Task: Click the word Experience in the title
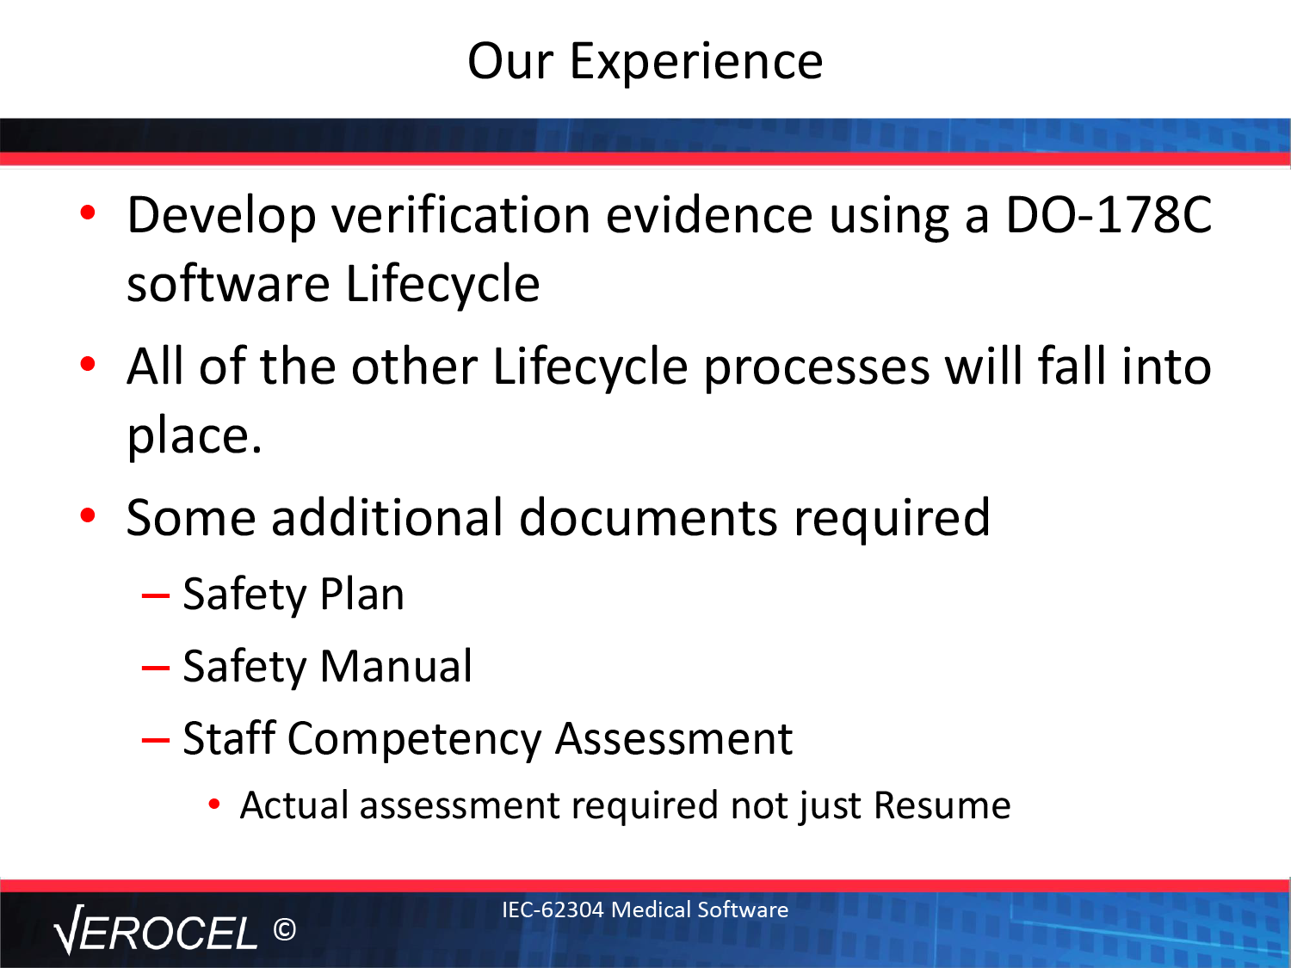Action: click(695, 62)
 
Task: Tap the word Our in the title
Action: click(510, 61)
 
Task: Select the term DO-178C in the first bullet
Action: click(1109, 215)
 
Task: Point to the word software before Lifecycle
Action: click(228, 285)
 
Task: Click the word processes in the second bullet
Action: click(817, 369)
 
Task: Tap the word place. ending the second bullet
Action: click(195, 437)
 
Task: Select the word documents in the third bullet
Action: click(648, 517)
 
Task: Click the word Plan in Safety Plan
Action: click(362, 594)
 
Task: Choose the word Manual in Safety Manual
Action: click(396, 666)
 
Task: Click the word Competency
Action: click(414, 739)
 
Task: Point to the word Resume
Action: click(942, 805)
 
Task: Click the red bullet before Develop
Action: click(88, 213)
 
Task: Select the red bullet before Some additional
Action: click(88, 515)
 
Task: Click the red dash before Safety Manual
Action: click(155, 668)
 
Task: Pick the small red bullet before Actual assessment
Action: click(214, 804)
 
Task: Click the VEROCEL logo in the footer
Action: click(155, 930)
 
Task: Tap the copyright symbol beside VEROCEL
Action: click(285, 929)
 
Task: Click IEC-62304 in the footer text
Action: click(553, 909)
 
